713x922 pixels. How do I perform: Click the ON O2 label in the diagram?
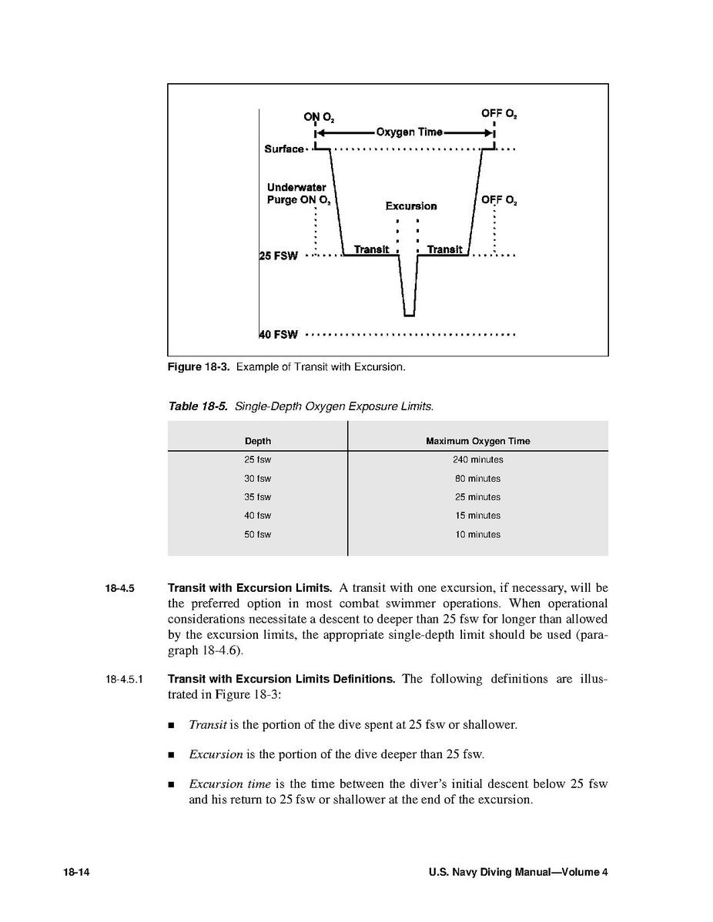318,117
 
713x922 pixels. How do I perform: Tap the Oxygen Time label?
409,132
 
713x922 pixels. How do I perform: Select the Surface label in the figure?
284,149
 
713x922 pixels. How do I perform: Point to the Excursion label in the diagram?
410,206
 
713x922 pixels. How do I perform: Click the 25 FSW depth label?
279,256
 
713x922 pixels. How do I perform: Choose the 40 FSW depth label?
279,335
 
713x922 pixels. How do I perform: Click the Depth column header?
258,441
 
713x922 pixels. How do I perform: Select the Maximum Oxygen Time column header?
477,441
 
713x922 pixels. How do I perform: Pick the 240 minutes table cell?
477,459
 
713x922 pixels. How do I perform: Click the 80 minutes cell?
477,479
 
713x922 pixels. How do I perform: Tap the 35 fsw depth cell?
258,497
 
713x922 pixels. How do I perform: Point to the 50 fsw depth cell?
258,534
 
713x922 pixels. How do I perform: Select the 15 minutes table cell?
477,516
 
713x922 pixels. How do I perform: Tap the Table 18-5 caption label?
198,406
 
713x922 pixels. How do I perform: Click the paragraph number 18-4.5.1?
125,680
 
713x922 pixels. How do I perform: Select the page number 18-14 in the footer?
77,872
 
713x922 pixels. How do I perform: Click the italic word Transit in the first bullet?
206,725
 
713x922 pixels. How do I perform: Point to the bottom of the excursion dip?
409,315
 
